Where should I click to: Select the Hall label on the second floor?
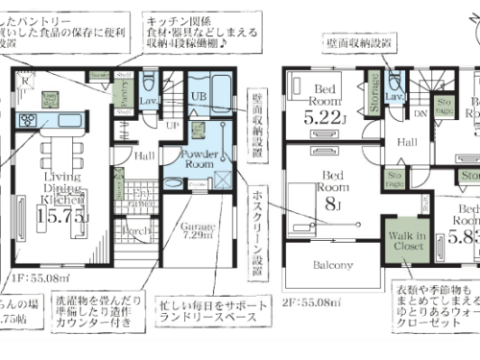point(406,142)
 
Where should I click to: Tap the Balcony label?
point(330,265)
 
